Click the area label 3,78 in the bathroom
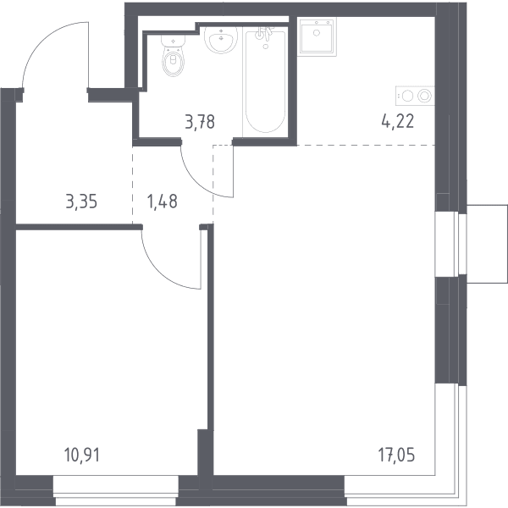tap(200, 123)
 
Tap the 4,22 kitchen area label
tap(398, 122)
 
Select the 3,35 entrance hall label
tap(81, 202)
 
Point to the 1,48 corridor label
tap(162, 202)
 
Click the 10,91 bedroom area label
tap(82, 456)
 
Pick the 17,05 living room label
tap(396, 455)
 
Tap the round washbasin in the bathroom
tap(221, 40)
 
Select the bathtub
tap(265, 81)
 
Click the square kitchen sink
tap(317, 36)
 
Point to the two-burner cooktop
tap(415, 96)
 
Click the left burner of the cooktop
tap(407, 97)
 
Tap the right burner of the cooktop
tap(424, 96)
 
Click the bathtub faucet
tap(263, 33)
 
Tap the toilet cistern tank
tap(174, 41)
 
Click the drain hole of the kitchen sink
tap(317, 32)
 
